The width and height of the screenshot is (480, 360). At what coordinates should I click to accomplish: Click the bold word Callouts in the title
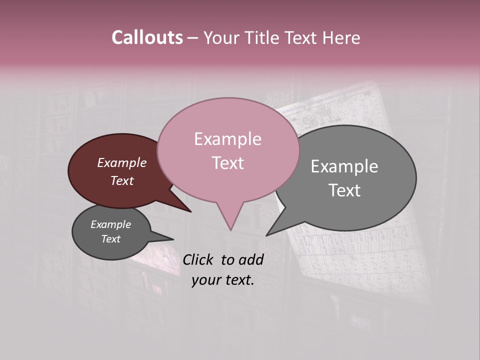pos(147,37)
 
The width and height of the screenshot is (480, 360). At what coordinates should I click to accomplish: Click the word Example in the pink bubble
pos(227,139)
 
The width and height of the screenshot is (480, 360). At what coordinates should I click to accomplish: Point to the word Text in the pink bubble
pos(227,162)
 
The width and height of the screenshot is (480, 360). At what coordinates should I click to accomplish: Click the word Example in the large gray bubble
pos(344,166)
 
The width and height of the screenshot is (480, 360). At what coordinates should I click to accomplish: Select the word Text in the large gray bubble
pos(344,190)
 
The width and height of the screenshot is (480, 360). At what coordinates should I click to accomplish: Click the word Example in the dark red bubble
pos(122,162)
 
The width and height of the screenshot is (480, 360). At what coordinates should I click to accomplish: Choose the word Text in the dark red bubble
pos(122,180)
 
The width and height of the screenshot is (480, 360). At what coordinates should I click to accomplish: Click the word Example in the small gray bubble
pos(110,224)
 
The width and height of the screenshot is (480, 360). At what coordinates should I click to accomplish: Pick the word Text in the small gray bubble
pos(110,239)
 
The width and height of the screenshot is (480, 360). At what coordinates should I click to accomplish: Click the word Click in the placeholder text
pos(198,259)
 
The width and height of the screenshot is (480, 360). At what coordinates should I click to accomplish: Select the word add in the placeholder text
pos(251,259)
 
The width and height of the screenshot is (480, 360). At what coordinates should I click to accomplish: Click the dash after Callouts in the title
pos(193,37)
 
